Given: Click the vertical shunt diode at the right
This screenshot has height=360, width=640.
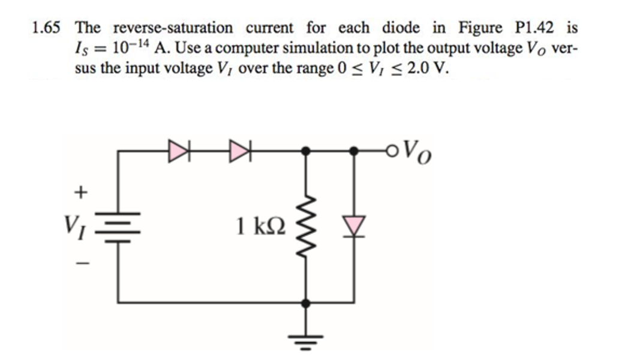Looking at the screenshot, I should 354,227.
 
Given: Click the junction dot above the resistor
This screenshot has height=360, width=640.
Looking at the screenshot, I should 307,151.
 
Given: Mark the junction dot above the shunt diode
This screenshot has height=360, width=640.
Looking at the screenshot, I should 354,151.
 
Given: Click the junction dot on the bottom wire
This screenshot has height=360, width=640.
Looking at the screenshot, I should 307,303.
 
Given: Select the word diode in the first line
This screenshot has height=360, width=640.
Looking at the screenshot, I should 402,28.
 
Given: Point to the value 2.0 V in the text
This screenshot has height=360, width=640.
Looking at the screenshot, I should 429,68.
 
